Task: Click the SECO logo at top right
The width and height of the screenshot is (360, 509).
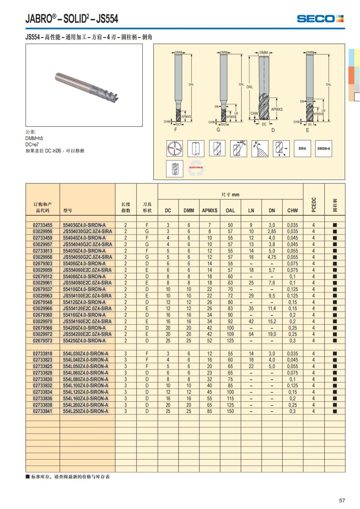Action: click(320, 19)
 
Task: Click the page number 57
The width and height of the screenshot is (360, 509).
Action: click(342, 500)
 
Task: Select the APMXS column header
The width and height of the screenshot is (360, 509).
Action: click(209, 211)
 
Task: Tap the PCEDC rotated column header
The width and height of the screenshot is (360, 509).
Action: click(314, 205)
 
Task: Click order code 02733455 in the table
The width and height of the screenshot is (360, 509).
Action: click(43, 225)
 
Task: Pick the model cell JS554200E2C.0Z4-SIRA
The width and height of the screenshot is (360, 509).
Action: click(87, 334)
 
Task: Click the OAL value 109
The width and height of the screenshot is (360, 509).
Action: click(230, 334)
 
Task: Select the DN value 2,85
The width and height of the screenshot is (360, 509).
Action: click(271, 232)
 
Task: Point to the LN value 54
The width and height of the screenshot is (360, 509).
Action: click(251, 334)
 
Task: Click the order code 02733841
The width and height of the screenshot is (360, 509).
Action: click(43, 411)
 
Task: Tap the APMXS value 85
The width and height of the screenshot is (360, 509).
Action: click(209, 411)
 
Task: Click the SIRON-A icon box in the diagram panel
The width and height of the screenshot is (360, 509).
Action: click(323, 148)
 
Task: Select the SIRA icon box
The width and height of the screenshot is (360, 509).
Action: click(302, 148)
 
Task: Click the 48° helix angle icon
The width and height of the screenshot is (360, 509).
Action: click(238, 148)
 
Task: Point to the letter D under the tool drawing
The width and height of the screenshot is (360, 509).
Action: click(273, 130)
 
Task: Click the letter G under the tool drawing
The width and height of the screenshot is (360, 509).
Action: click(218, 130)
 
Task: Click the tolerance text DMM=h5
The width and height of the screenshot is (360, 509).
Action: click(34, 138)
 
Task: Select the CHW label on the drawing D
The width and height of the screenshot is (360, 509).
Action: click(254, 113)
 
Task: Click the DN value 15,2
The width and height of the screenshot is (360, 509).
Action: click(271, 322)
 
